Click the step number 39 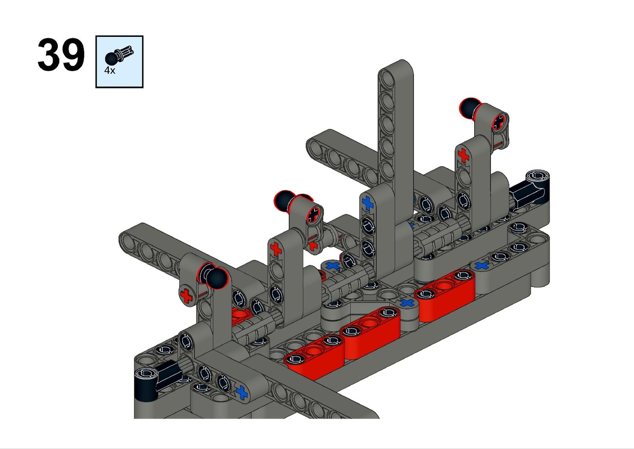pyautogui.click(x=61, y=54)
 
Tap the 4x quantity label pyautogui.click(x=110, y=71)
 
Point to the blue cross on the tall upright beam pyautogui.click(x=368, y=203)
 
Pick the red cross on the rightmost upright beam pyautogui.click(x=463, y=155)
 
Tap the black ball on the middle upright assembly pyautogui.click(x=285, y=201)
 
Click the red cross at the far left pyautogui.click(x=186, y=296)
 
